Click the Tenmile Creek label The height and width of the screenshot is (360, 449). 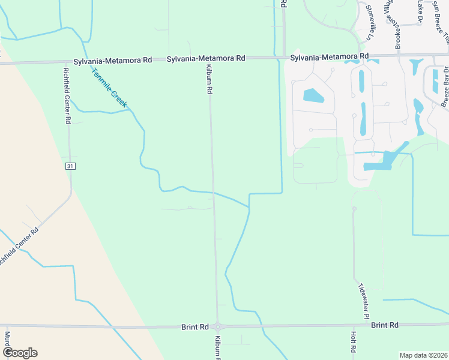(x=110, y=88)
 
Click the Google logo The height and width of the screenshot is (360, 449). (x=20, y=353)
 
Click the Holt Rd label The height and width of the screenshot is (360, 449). (x=354, y=341)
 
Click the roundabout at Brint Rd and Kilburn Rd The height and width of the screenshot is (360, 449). (x=217, y=327)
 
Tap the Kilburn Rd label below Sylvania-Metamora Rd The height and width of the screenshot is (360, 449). (x=209, y=79)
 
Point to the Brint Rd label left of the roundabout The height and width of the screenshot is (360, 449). (x=195, y=327)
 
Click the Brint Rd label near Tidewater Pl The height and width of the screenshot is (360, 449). (x=385, y=325)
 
